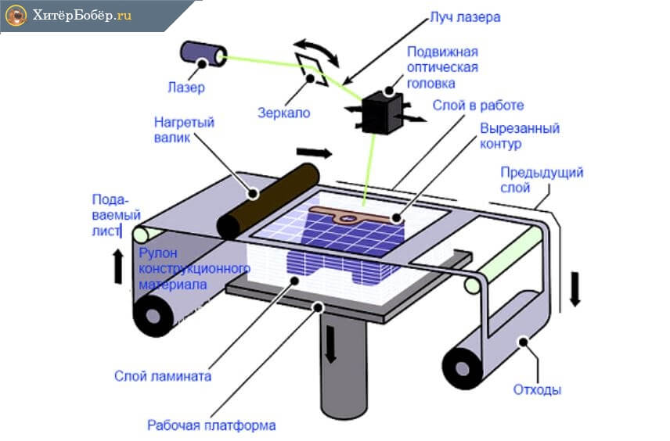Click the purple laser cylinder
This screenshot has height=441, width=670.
pos(199,52)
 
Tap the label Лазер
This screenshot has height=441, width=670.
pos(186,87)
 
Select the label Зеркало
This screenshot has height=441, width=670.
pos(283,113)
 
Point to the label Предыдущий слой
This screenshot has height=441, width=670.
pos(543,180)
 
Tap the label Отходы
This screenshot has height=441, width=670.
pos(537,389)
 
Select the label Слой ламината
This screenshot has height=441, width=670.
pos(174,375)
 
